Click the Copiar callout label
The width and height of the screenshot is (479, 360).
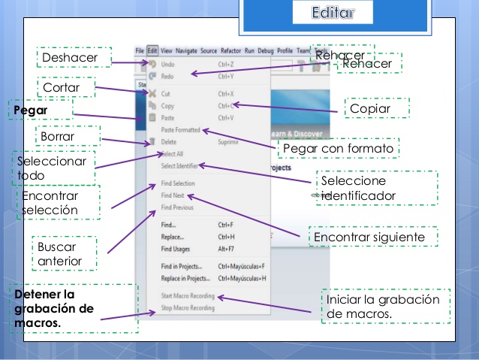click(x=369, y=109)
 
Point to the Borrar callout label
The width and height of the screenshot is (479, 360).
click(x=58, y=137)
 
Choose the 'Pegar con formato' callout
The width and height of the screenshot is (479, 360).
click(x=338, y=149)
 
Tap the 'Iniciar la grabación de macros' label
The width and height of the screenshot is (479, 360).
click(x=383, y=305)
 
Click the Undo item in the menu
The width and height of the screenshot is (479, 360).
click(x=168, y=65)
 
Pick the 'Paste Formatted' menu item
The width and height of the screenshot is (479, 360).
click(x=180, y=130)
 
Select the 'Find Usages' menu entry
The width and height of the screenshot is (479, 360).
click(x=176, y=248)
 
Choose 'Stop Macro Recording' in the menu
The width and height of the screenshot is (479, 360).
click(x=187, y=308)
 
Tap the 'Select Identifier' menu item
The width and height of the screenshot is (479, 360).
click(x=179, y=166)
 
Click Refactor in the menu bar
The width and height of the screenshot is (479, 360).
click(x=230, y=50)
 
